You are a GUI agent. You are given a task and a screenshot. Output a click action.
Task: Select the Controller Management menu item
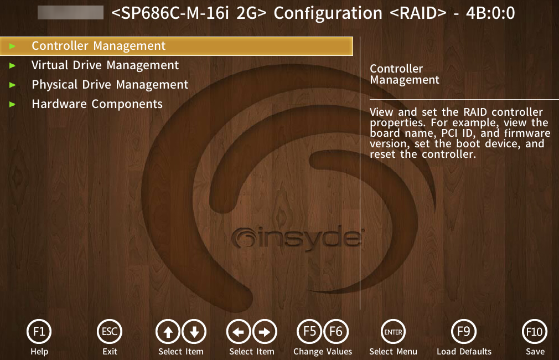99,45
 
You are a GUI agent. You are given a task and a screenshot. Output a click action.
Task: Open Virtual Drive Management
105,65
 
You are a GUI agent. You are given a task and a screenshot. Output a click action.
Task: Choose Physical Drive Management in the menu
110,85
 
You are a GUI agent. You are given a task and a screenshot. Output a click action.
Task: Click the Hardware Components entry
97,104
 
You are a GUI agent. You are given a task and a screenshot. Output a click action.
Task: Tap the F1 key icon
39,332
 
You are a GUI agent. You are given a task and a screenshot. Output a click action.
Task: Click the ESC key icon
110,332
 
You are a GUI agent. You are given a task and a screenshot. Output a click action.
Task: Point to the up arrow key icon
168,332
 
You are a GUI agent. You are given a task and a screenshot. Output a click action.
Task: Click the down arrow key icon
194,332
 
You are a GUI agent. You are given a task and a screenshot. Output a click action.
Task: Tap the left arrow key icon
239,332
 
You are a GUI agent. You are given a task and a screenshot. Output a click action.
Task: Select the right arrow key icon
265,332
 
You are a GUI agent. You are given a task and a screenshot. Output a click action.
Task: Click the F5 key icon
309,332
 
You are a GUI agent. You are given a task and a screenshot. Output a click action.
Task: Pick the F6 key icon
336,332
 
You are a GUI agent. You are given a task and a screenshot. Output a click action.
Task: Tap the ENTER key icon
393,332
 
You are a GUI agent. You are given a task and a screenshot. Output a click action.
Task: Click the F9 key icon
464,332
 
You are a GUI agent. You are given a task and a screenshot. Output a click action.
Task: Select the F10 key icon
535,332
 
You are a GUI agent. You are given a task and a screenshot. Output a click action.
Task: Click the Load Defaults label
464,352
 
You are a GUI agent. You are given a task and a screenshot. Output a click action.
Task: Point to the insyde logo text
297,237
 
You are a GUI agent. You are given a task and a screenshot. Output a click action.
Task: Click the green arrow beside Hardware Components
13,104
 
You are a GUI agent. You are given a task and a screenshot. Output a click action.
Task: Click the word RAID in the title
418,13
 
